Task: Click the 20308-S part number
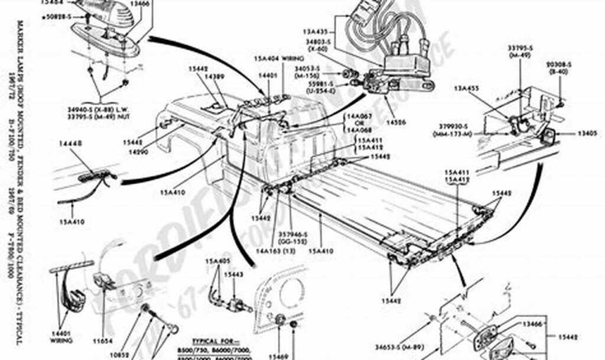point(558,64)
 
